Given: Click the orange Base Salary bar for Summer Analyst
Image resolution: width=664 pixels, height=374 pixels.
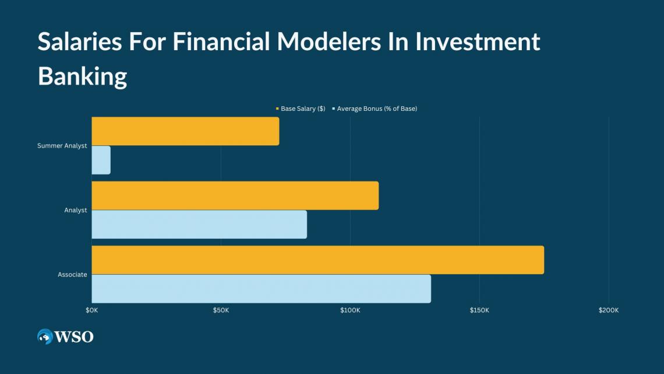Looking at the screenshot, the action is click(x=185, y=131).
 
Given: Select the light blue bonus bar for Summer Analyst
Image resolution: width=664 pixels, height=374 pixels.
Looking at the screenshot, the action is click(x=101, y=160).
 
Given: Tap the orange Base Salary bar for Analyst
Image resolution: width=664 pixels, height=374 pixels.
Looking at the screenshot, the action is click(x=235, y=195).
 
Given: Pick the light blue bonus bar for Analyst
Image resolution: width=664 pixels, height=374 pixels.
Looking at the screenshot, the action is click(x=199, y=224).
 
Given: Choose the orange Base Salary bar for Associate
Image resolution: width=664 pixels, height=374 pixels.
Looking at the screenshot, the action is click(x=318, y=260).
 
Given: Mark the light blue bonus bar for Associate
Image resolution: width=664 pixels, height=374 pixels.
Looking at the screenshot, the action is click(x=262, y=289).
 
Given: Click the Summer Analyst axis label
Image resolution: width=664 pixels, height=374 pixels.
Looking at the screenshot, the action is click(x=62, y=145).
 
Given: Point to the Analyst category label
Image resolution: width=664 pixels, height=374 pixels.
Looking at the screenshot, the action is click(x=75, y=210).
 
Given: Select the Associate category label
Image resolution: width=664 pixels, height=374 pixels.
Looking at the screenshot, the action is click(x=72, y=274).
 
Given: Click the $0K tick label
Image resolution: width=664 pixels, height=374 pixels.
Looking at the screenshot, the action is click(x=92, y=310).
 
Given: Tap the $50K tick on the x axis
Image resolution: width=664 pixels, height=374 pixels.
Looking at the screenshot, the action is click(x=221, y=310).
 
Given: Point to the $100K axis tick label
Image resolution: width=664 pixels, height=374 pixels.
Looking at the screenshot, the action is click(x=350, y=310).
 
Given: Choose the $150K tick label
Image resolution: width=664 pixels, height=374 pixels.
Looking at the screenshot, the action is click(x=479, y=310).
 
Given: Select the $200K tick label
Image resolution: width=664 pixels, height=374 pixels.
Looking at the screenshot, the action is click(x=609, y=310).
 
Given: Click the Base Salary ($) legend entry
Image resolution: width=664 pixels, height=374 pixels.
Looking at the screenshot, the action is click(x=301, y=109).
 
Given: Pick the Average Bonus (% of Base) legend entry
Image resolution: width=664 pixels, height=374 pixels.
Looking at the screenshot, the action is click(x=375, y=109).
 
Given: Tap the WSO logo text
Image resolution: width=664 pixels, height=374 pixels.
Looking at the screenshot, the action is click(x=74, y=337).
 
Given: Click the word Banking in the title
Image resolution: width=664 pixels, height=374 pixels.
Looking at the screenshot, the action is click(x=83, y=76).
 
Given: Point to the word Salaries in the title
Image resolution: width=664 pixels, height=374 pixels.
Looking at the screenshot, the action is click(x=80, y=41).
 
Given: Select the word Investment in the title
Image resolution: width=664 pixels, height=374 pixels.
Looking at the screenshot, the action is click(x=477, y=41).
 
